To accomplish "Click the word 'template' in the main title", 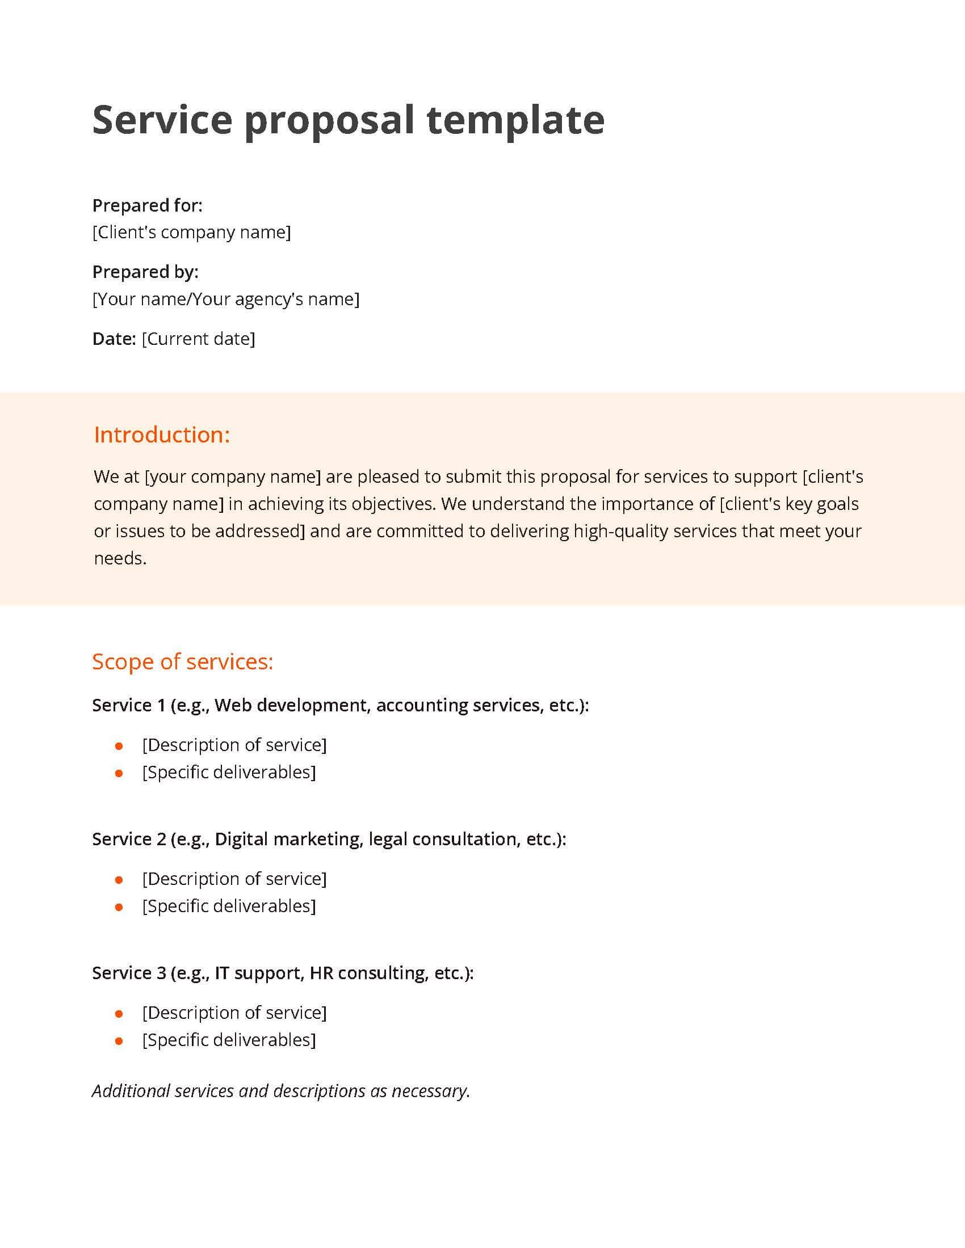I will click(515, 120).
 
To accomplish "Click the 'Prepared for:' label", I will click(148, 205).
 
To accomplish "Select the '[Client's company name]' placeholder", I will click(191, 232).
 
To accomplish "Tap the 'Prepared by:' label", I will click(145, 272).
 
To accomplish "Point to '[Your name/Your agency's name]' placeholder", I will click(226, 299).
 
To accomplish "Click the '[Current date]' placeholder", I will click(198, 339).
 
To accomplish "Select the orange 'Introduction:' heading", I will click(162, 435).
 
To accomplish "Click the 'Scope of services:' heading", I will click(182, 661).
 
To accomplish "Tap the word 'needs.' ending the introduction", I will click(120, 558).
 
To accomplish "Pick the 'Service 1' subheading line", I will click(340, 705).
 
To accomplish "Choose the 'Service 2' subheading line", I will click(329, 839).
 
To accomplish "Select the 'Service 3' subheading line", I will click(283, 972).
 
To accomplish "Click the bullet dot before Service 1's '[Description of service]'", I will click(119, 747).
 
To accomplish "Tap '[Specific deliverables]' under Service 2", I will click(229, 906).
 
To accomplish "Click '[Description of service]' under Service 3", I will click(234, 1012).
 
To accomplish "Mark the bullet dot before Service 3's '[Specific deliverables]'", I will click(119, 1041).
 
